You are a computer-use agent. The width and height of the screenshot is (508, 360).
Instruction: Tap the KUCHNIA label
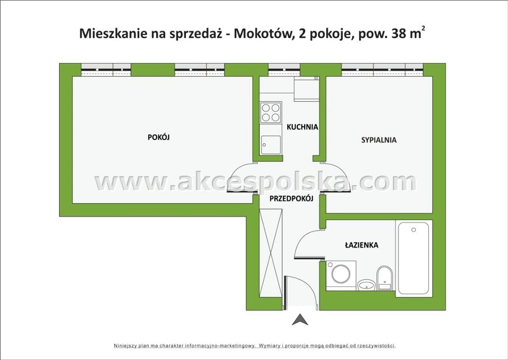pyautogui.click(x=302, y=127)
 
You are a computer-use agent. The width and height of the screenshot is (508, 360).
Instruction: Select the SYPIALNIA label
pyautogui.click(x=379, y=140)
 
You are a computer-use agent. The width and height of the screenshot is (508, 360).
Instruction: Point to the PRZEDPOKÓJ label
pyautogui.click(x=291, y=199)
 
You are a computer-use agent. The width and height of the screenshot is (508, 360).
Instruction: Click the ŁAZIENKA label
pyautogui.click(x=361, y=245)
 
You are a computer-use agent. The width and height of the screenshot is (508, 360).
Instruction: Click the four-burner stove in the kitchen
pyautogui.click(x=271, y=112)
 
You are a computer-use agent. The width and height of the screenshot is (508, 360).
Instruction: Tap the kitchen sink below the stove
pyautogui.click(x=271, y=145)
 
